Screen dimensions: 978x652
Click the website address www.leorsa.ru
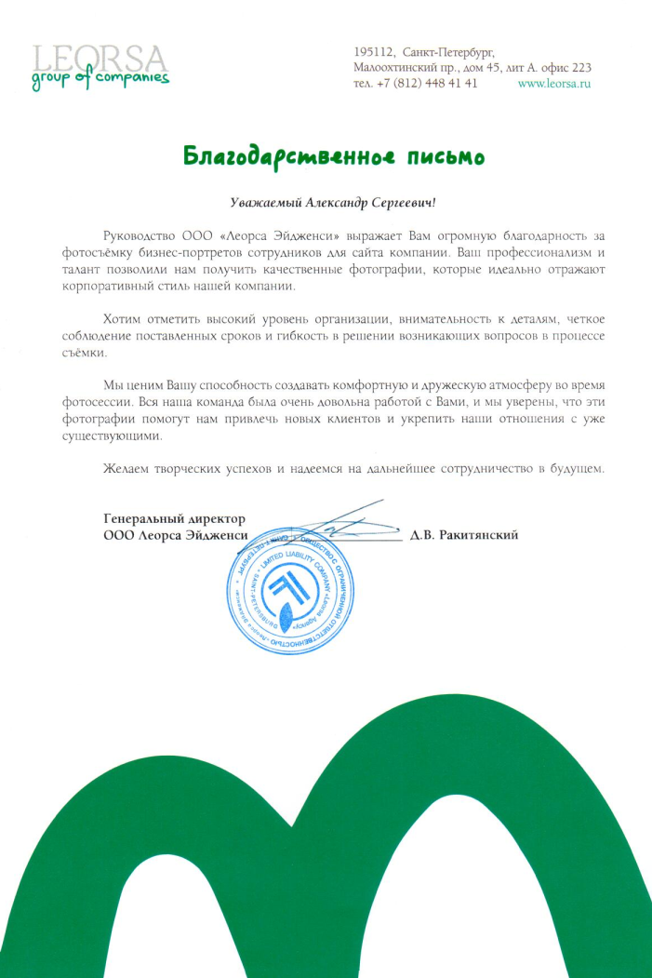pos(554,83)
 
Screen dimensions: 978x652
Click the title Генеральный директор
pos(173,518)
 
